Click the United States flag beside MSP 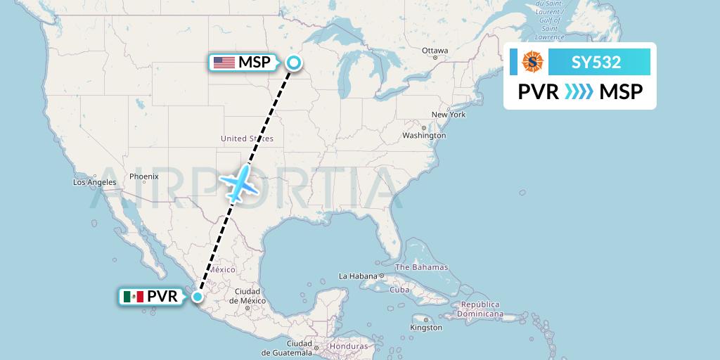(x=224, y=63)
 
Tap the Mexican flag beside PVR (x=133, y=297)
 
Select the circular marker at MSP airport (x=293, y=63)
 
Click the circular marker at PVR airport (x=198, y=297)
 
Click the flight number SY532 (x=596, y=63)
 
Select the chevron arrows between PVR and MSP (x=579, y=91)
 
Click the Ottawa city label (x=435, y=51)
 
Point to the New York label (x=449, y=114)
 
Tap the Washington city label (x=424, y=135)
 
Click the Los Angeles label (x=94, y=182)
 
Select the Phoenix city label (x=143, y=176)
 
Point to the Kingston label (x=426, y=327)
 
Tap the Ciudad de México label (x=247, y=296)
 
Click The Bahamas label (x=421, y=267)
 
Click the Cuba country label (x=399, y=290)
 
